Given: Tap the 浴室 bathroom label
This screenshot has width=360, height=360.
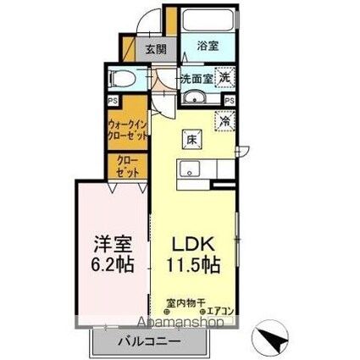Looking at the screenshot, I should coord(208,47).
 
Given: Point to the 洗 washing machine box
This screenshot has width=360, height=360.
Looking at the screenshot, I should coord(224,77).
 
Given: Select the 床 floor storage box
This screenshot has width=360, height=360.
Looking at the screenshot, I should coord(191,139).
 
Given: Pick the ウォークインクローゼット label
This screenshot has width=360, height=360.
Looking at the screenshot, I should coord(128,129).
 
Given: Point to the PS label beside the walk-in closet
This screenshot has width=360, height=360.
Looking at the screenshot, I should coord(114,100).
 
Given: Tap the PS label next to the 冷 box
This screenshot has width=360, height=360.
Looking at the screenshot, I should coord(224,100).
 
